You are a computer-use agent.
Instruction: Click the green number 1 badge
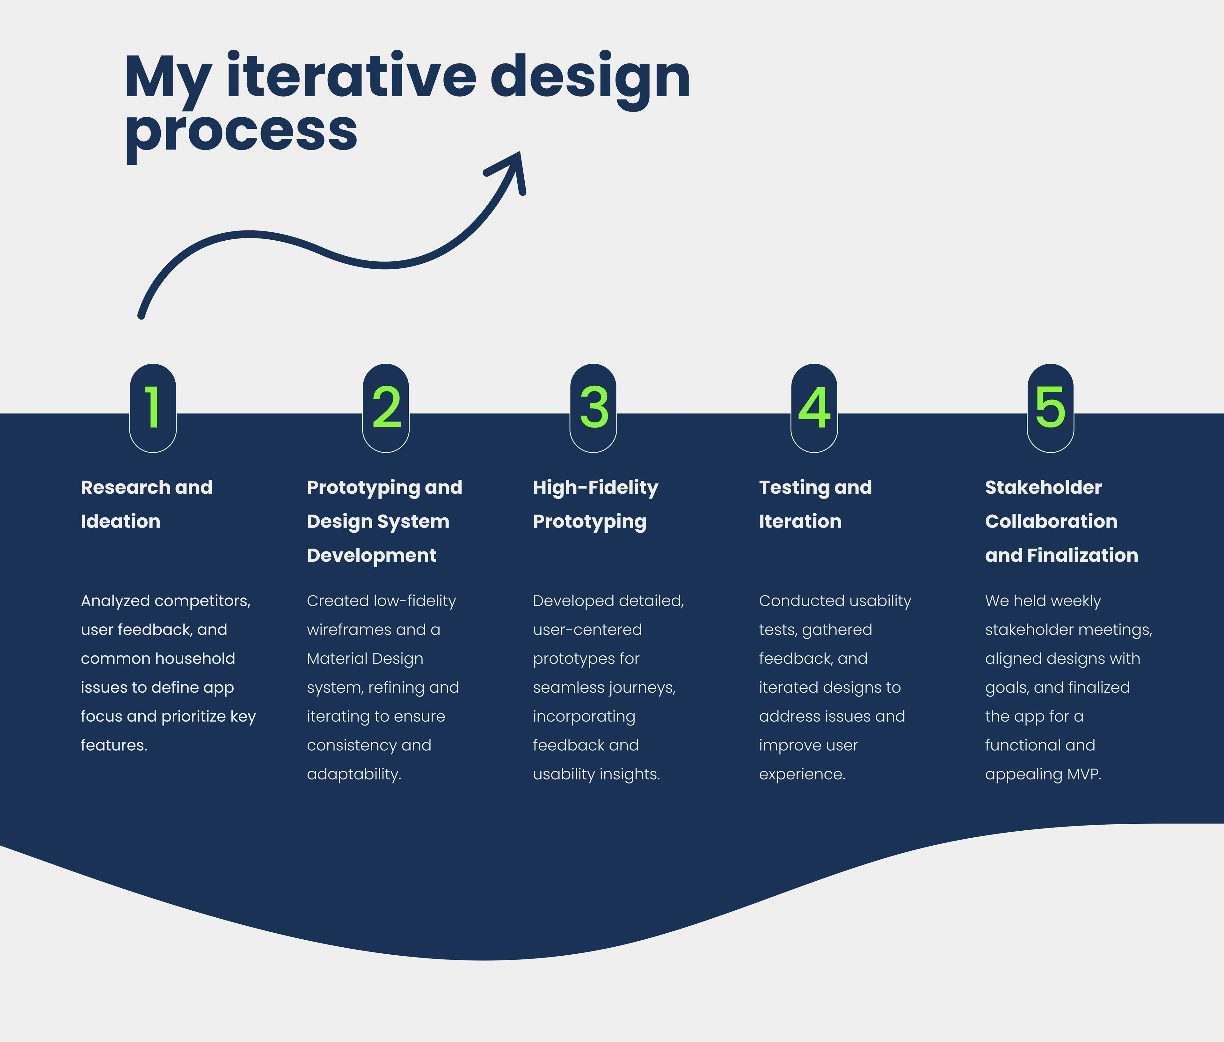(153, 408)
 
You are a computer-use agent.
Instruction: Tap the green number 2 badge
(386, 408)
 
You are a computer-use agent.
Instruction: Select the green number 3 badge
(593, 408)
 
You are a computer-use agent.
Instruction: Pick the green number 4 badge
(814, 408)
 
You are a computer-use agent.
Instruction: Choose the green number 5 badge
(1050, 408)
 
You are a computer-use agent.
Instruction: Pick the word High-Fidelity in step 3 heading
(595, 488)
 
